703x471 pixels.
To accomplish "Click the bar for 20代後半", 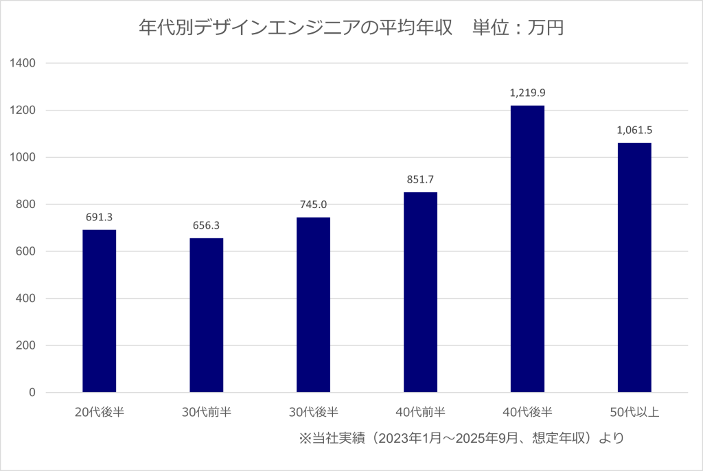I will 100,311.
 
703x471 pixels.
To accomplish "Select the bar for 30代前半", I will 207,315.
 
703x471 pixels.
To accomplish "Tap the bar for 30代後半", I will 314,305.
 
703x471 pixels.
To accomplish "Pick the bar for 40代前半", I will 421,292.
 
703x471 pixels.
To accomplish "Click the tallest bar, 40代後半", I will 527,249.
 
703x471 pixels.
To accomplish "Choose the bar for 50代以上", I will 634,268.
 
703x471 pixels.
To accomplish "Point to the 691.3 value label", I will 100,216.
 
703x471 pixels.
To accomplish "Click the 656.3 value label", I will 207,225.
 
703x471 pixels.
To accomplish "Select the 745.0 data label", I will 314,204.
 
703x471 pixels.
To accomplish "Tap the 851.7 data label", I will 421,179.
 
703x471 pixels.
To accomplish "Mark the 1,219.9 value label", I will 527,92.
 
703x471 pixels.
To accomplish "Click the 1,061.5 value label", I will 634,130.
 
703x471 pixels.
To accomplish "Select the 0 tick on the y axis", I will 32,393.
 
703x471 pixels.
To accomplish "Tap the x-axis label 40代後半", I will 527,413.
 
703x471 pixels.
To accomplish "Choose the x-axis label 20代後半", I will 100,413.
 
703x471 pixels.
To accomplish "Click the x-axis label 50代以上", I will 634,413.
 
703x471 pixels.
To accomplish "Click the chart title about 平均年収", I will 351,28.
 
